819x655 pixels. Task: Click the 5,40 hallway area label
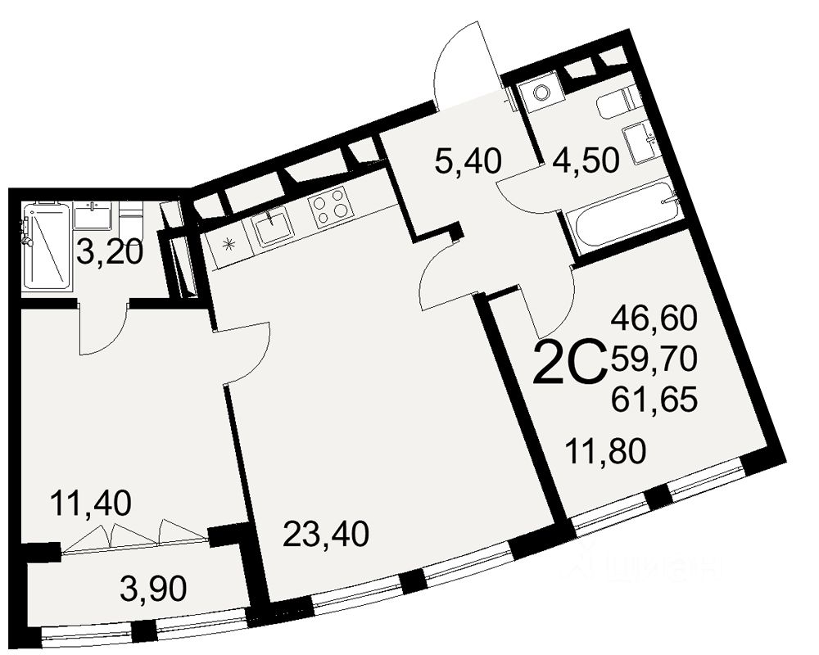[468, 162]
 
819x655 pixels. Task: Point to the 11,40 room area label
[90, 501]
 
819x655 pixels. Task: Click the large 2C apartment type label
[569, 364]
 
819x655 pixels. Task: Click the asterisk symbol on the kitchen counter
[229, 242]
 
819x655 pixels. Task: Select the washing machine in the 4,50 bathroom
[542, 92]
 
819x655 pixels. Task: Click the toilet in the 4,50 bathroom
[614, 104]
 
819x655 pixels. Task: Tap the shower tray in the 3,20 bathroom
[44, 246]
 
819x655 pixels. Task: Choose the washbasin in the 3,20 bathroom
[92, 215]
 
